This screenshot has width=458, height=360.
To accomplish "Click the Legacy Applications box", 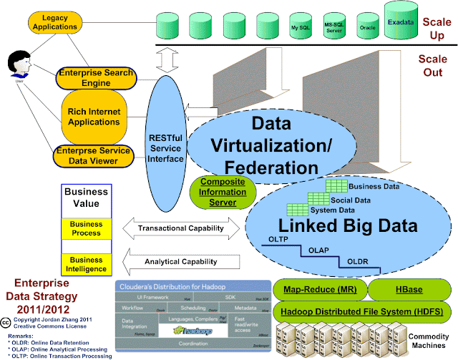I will point(55,21).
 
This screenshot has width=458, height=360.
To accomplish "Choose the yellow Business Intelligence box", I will point(85,263).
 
